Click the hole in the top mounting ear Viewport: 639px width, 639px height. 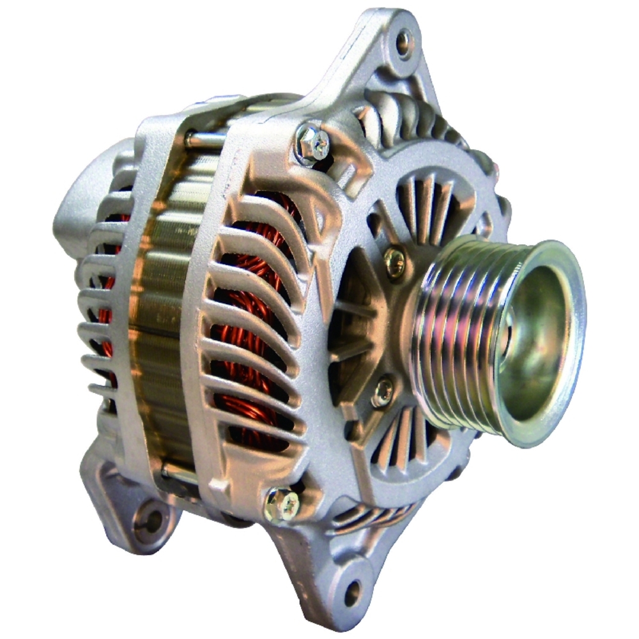pyautogui.click(x=404, y=43)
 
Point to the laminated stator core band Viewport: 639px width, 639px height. pyautogui.click(x=160, y=307)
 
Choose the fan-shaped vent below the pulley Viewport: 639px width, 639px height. pyautogui.click(x=403, y=441)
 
